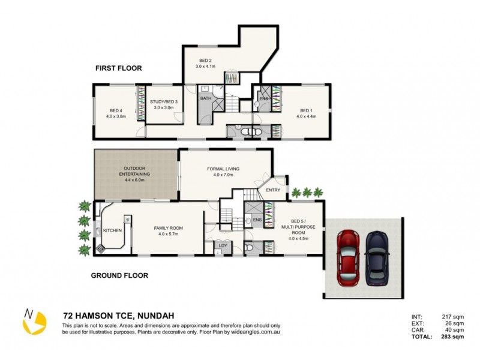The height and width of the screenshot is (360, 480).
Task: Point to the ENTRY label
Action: click(272, 190)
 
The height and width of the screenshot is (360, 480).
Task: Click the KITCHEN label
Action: click(112, 230)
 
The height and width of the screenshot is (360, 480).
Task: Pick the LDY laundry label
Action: click(223, 245)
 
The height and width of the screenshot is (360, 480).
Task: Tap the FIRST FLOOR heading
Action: click(118, 68)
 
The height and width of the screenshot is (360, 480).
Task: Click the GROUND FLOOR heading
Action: click(119, 276)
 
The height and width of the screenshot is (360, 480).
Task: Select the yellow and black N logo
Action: click(34, 321)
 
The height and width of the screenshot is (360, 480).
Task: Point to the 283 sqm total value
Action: click(445, 337)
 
